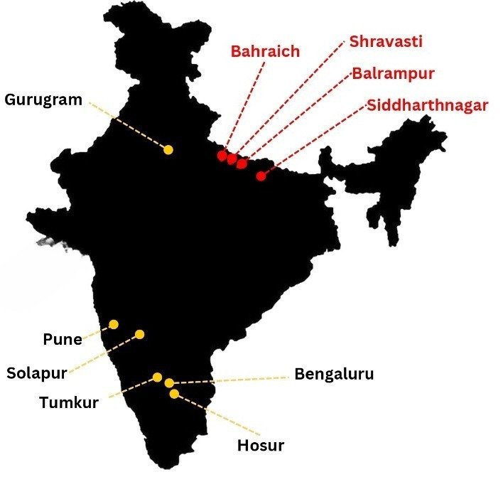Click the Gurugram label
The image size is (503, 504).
coord(43,99)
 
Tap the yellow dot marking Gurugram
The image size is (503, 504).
coord(168,149)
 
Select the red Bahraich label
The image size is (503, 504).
coord(265,51)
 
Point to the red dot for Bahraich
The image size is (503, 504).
coord(222,155)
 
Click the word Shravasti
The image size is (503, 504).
coord(386,41)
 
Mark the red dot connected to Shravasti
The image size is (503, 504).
coord(232,159)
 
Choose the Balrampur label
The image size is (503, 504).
coord(394,73)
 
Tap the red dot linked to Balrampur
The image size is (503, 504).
coord(242,163)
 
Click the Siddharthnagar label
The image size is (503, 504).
coord(428,106)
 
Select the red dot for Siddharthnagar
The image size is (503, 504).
coord(261,175)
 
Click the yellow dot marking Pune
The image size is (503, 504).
coord(114,324)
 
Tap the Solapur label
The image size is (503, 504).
coord(37,372)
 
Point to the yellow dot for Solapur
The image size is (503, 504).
coord(140,334)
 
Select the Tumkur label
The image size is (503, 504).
coord(69,403)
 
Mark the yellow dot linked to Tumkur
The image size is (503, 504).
coord(158,377)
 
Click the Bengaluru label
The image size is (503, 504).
coord(334,374)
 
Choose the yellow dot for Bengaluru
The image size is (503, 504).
coord(169,383)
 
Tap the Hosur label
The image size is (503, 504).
coord(260,446)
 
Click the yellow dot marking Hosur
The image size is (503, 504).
coord(174,393)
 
